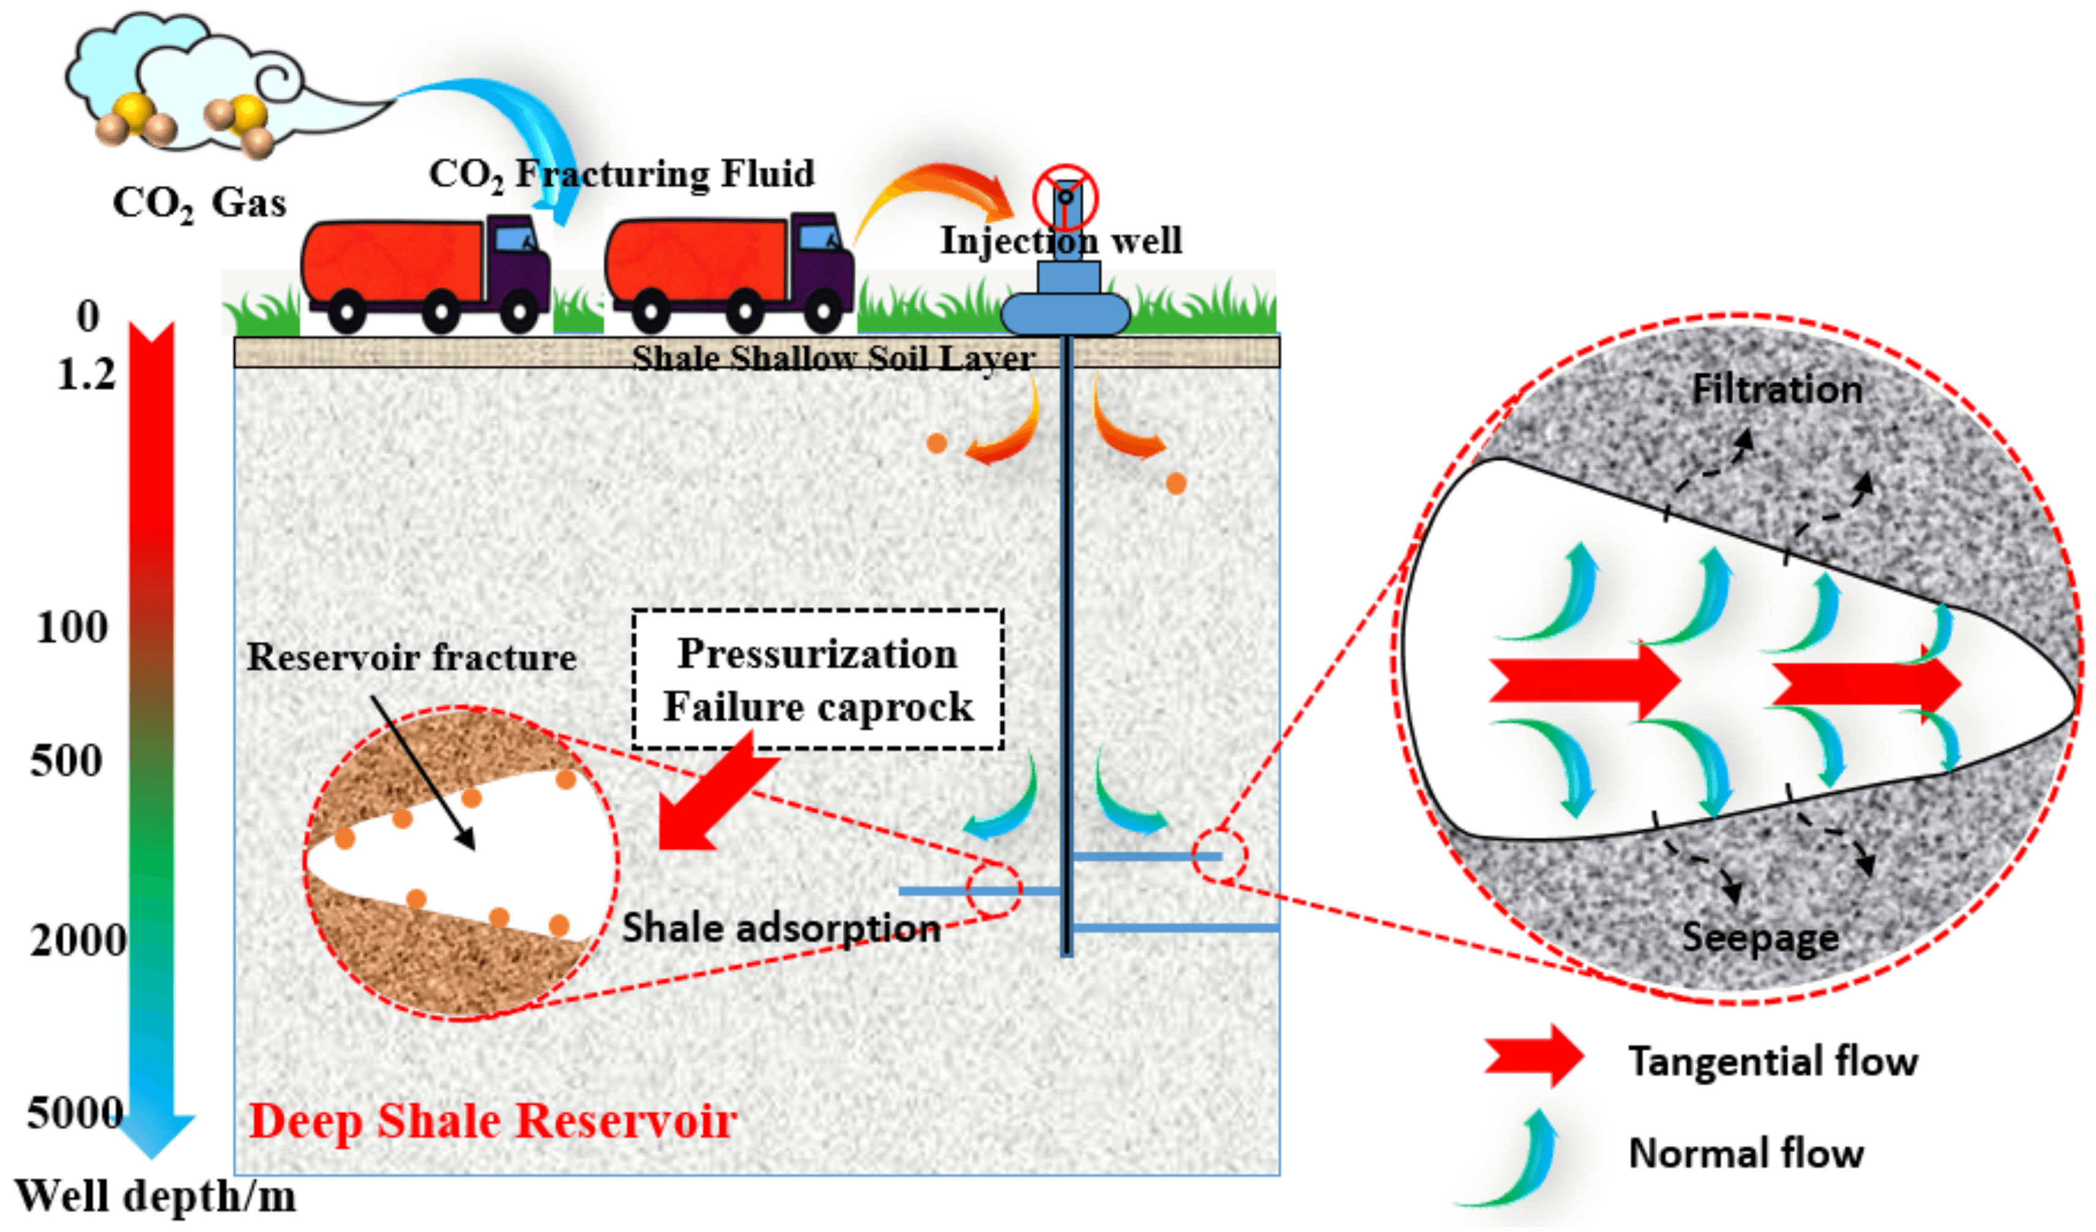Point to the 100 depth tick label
pyautogui.click(x=72, y=627)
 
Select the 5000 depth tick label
pyautogui.click(x=75, y=1113)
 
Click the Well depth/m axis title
pyautogui.click(x=156, y=1197)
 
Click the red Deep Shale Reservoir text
pyautogui.click(x=492, y=1121)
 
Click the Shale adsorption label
pyautogui.click(x=781, y=927)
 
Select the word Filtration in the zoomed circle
pyautogui.click(x=1777, y=389)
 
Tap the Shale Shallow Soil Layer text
pyautogui.click(x=832, y=359)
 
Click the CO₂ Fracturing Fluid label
pyautogui.click(x=621, y=175)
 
